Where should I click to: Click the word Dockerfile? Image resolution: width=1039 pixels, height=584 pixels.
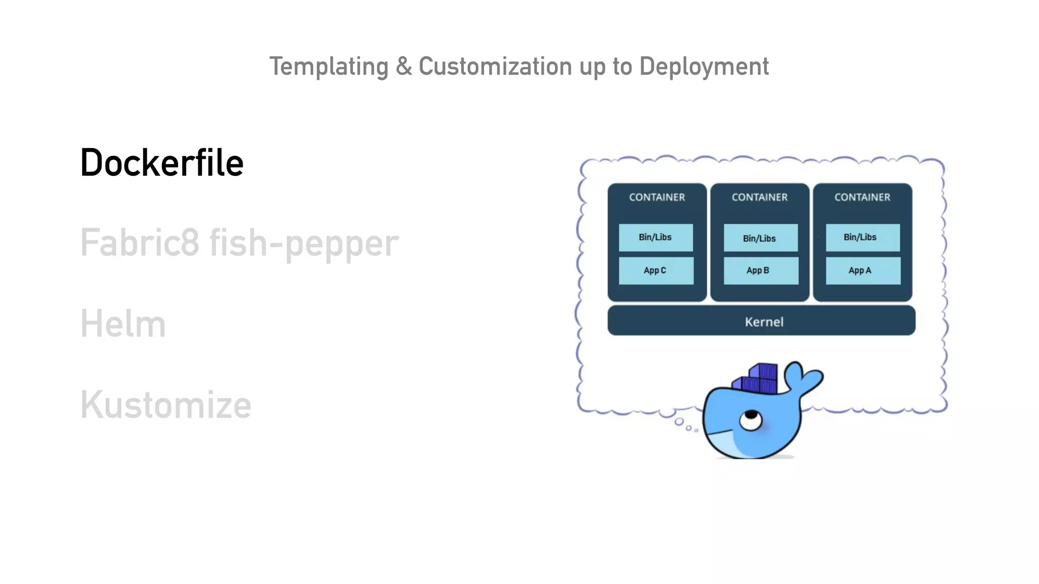pyautogui.click(x=162, y=163)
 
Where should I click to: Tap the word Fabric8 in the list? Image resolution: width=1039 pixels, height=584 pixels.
pyautogui.click(x=140, y=242)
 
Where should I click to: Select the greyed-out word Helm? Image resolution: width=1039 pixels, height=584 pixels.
pyautogui.click(x=123, y=324)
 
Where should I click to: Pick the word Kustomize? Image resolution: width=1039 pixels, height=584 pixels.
pyautogui.click(x=166, y=405)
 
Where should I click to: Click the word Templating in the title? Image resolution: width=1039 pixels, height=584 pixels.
pyautogui.click(x=329, y=67)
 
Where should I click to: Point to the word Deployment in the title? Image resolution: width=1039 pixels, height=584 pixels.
pyautogui.click(x=704, y=67)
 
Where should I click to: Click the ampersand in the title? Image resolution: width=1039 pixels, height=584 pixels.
pyautogui.click(x=404, y=66)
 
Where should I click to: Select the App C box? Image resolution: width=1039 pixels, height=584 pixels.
pyautogui.click(x=655, y=271)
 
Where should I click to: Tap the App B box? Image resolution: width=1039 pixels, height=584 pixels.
pyautogui.click(x=760, y=271)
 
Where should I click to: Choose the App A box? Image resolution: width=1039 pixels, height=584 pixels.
pyautogui.click(x=862, y=271)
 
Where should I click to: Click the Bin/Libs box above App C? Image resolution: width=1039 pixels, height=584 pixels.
pyautogui.click(x=655, y=237)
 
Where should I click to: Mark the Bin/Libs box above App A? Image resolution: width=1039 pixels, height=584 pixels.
pyautogui.click(x=862, y=237)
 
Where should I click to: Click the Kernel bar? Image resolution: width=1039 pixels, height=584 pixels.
pyautogui.click(x=761, y=321)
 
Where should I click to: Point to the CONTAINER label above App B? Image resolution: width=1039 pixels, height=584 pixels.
pyautogui.click(x=759, y=197)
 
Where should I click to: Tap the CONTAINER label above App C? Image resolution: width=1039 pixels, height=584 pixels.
pyautogui.click(x=657, y=197)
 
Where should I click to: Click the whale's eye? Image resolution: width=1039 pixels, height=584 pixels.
pyautogui.click(x=750, y=420)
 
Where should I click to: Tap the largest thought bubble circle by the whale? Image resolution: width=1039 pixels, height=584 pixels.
pyautogui.click(x=679, y=422)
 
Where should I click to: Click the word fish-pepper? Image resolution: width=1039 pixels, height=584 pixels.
pyautogui.click(x=304, y=243)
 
